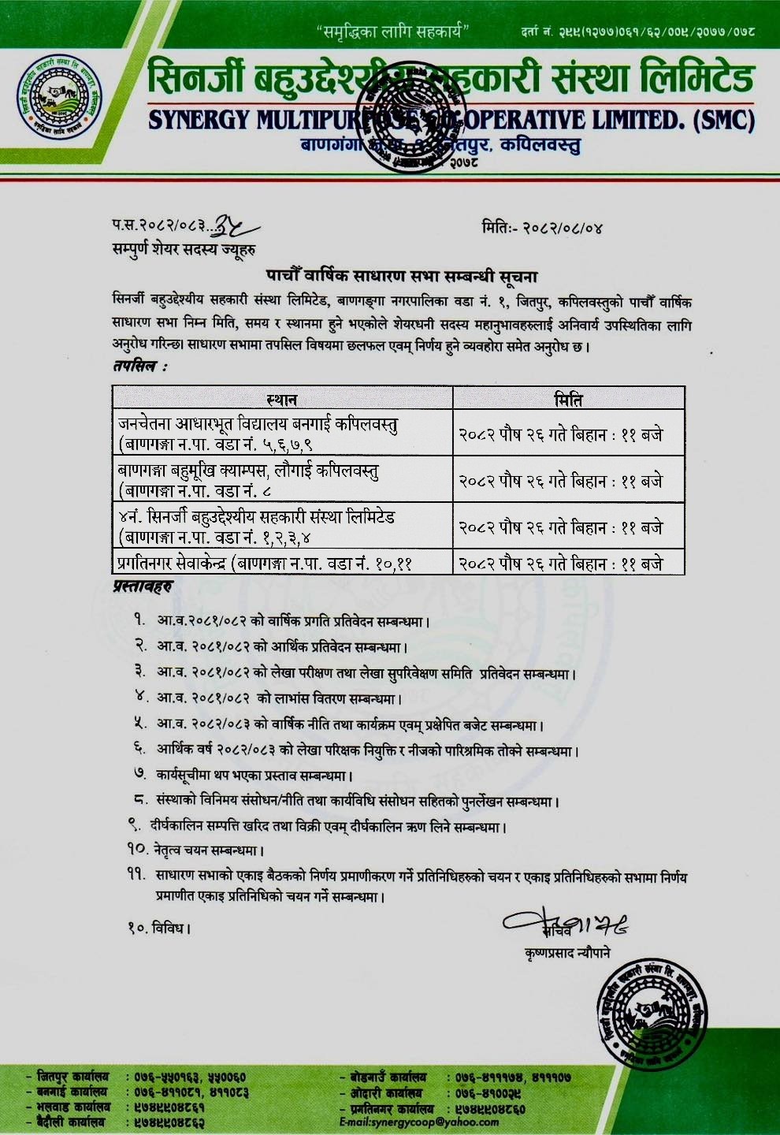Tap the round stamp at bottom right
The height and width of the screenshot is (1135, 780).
click(655, 1008)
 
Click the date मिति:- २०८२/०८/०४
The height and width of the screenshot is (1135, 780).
click(542, 229)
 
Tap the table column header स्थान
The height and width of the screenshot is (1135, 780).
click(281, 399)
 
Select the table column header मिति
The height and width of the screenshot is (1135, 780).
click(568, 399)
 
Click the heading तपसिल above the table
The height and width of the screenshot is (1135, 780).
click(139, 367)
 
